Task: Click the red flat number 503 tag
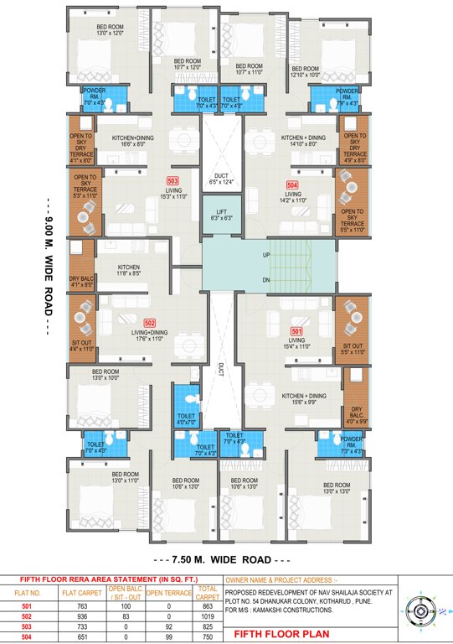tap(173, 180)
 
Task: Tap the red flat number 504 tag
tap(292, 183)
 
